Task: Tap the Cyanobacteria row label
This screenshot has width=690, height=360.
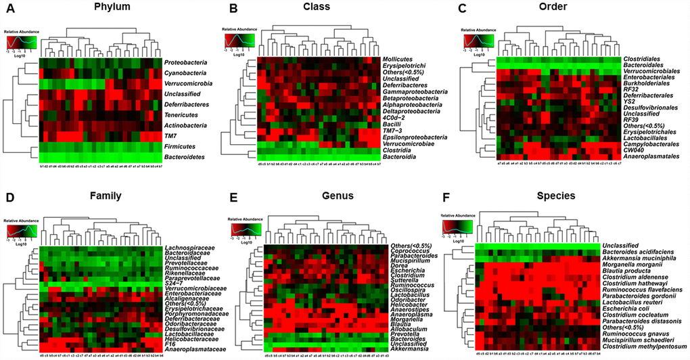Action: (x=186, y=73)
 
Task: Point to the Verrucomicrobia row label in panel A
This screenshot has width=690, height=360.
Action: (x=189, y=84)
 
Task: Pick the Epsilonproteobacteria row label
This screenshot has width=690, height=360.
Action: (x=413, y=137)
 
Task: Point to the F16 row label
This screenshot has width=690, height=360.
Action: (x=169, y=344)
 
